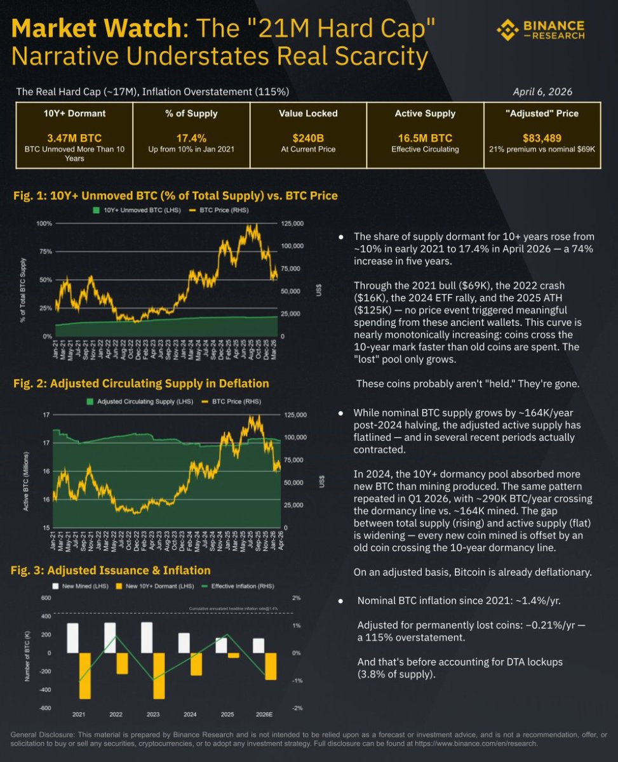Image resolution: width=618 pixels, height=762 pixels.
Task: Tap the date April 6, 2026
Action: [542, 91]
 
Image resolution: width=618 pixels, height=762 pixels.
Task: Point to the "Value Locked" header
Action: [307, 114]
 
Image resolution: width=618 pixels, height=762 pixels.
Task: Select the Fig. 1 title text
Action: [175, 196]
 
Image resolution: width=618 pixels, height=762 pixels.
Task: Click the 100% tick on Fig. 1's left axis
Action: [44, 224]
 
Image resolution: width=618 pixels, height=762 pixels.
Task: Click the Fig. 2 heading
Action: [140, 383]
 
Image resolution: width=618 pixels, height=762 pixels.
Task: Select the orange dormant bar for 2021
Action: [84, 676]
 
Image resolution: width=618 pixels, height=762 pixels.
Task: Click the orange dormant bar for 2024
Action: [196, 664]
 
